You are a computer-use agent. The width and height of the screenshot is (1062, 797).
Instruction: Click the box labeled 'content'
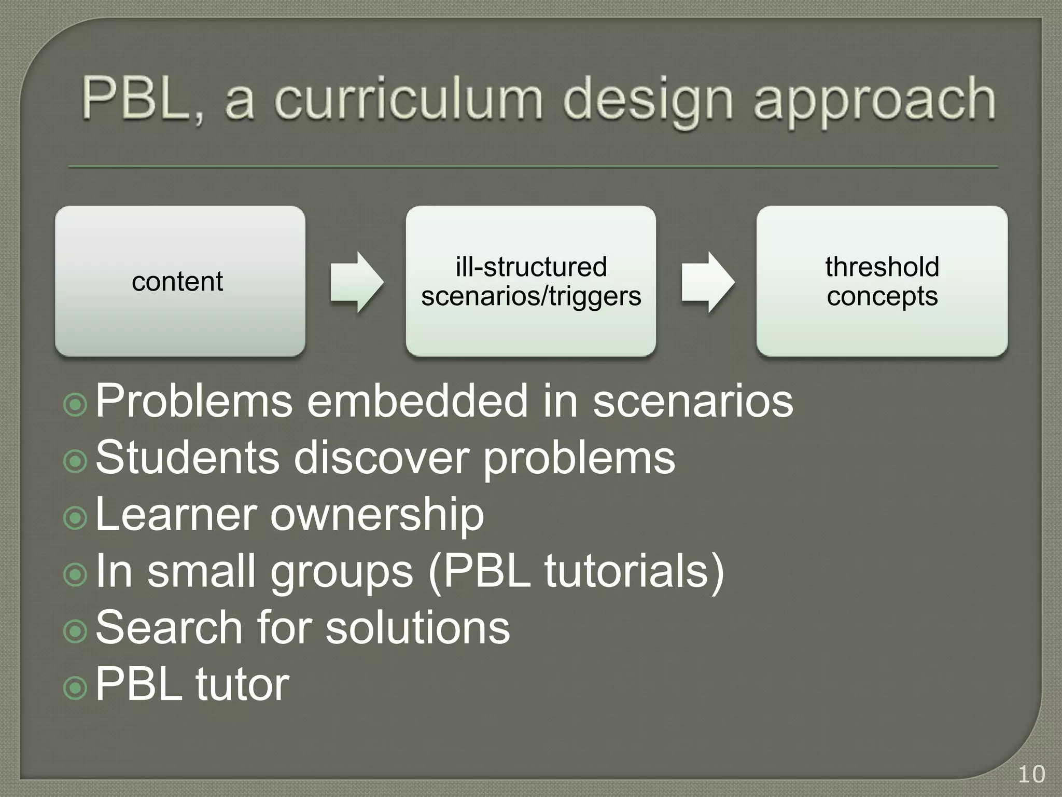(x=180, y=281)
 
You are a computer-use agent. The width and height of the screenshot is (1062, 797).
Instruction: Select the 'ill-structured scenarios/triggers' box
(x=530, y=281)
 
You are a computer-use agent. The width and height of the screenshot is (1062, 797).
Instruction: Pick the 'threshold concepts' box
(x=882, y=281)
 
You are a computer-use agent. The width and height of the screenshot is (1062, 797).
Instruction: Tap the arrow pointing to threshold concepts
(x=707, y=282)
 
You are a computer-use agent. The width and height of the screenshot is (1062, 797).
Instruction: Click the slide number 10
(x=1031, y=775)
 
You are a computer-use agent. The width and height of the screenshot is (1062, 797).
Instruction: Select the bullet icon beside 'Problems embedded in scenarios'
(x=76, y=404)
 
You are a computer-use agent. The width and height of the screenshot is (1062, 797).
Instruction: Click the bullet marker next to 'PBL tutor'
(x=76, y=688)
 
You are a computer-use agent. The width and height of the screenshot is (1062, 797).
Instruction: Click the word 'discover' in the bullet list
(x=382, y=458)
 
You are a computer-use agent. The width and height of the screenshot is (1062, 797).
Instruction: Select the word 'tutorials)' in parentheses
(x=634, y=571)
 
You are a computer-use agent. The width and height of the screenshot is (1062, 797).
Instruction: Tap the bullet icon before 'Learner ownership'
(x=76, y=518)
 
